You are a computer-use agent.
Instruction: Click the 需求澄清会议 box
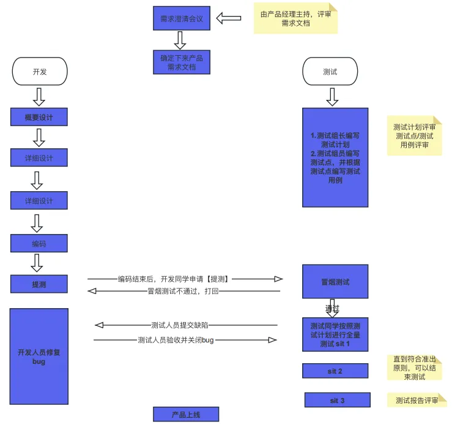(x=182, y=18)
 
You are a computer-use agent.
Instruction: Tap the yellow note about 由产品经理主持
(x=295, y=19)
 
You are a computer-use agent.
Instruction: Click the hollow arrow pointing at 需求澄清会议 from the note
(x=229, y=18)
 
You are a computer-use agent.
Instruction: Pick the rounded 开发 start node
(x=39, y=72)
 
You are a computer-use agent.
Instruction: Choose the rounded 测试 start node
(x=330, y=72)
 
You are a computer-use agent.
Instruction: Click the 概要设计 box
(x=39, y=117)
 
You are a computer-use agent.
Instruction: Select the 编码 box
(x=39, y=243)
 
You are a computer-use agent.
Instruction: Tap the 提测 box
(x=39, y=284)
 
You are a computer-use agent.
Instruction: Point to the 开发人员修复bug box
(x=39, y=356)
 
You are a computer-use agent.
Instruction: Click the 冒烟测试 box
(x=335, y=282)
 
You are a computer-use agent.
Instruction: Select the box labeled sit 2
(x=335, y=371)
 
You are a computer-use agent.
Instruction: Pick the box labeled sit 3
(x=338, y=400)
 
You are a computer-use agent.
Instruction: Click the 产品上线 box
(x=186, y=415)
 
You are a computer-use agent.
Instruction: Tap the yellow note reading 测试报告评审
(x=417, y=401)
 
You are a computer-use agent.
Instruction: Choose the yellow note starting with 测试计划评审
(x=414, y=136)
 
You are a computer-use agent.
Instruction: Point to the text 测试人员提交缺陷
(x=183, y=325)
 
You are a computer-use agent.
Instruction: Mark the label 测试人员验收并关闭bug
(x=176, y=339)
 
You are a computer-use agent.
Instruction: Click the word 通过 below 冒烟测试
(x=332, y=307)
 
